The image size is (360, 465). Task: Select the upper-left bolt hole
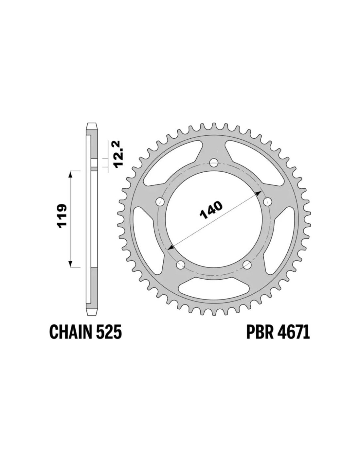coord(160,201)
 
